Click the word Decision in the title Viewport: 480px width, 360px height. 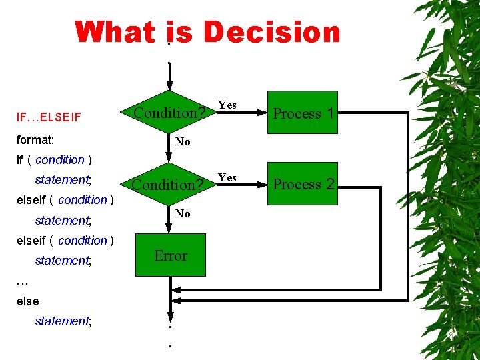tap(272, 33)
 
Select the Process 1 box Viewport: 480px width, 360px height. tap(303, 113)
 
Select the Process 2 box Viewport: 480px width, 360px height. tap(303, 184)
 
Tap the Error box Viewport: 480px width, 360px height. tap(171, 255)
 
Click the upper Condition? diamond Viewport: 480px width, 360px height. tap(169, 113)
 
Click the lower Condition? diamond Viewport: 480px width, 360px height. tap(169, 184)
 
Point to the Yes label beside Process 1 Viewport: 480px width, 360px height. tap(227, 105)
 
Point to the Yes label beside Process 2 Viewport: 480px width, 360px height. tap(227, 177)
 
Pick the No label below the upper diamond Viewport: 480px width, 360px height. tap(182, 141)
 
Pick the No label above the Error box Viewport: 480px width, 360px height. tap(182, 213)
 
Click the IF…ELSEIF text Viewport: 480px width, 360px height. tap(48, 117)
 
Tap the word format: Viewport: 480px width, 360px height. tap(35, 141)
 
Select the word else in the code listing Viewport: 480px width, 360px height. tap(27, 301)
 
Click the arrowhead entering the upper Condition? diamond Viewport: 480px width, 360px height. tap(170, 85)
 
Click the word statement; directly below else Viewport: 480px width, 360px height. tap(63, 321)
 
